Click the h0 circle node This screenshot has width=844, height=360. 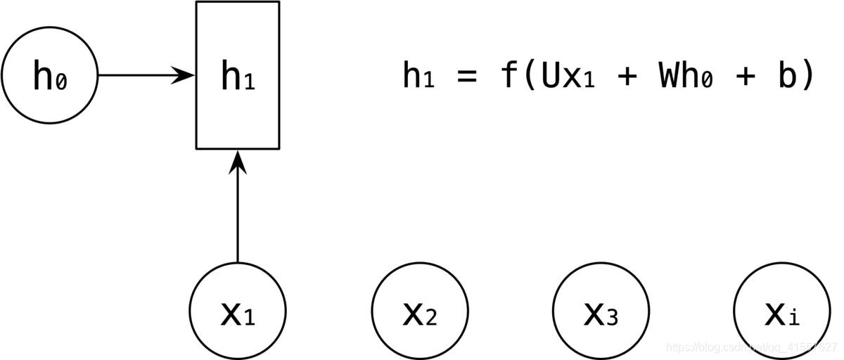click(x=49, y=75)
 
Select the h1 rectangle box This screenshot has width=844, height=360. click(x=238, y=75)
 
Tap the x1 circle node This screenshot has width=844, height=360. click(x=238, y=311)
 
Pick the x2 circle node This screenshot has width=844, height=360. click(x=420, y=311)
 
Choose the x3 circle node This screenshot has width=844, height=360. click(x=601, y=311)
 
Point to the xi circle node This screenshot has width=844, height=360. click(x=781, y=311)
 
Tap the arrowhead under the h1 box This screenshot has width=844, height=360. click(x=238, y=162)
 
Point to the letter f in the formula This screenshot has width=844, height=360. click(x=509, y=75)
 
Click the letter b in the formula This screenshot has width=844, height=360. click(x=786, y=75)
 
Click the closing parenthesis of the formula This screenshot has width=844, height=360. click(x=807, y=75)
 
